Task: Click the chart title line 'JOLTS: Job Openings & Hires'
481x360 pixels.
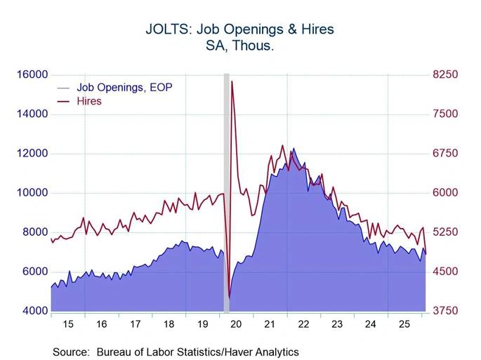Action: click(239, 29)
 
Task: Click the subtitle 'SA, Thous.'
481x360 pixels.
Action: click(239, 46)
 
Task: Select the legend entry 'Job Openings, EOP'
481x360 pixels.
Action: click(124, 88)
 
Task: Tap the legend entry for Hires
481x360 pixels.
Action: click(89, 101)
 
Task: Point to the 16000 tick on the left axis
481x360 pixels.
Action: click(32, 74)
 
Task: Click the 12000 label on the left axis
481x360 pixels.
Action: click(32, 153)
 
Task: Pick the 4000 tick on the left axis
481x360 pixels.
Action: click(34, 311)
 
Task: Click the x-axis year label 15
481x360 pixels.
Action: click(67, 325)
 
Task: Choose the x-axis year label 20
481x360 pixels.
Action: click(235, 325)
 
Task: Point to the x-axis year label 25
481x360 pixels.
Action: click(404, 325)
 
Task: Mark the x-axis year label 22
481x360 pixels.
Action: click(303, 325)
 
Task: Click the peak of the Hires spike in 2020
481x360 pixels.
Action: click(232, 82)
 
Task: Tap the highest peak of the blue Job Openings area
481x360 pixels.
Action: click(294, 149)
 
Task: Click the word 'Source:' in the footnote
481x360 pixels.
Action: click(72, 352)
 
